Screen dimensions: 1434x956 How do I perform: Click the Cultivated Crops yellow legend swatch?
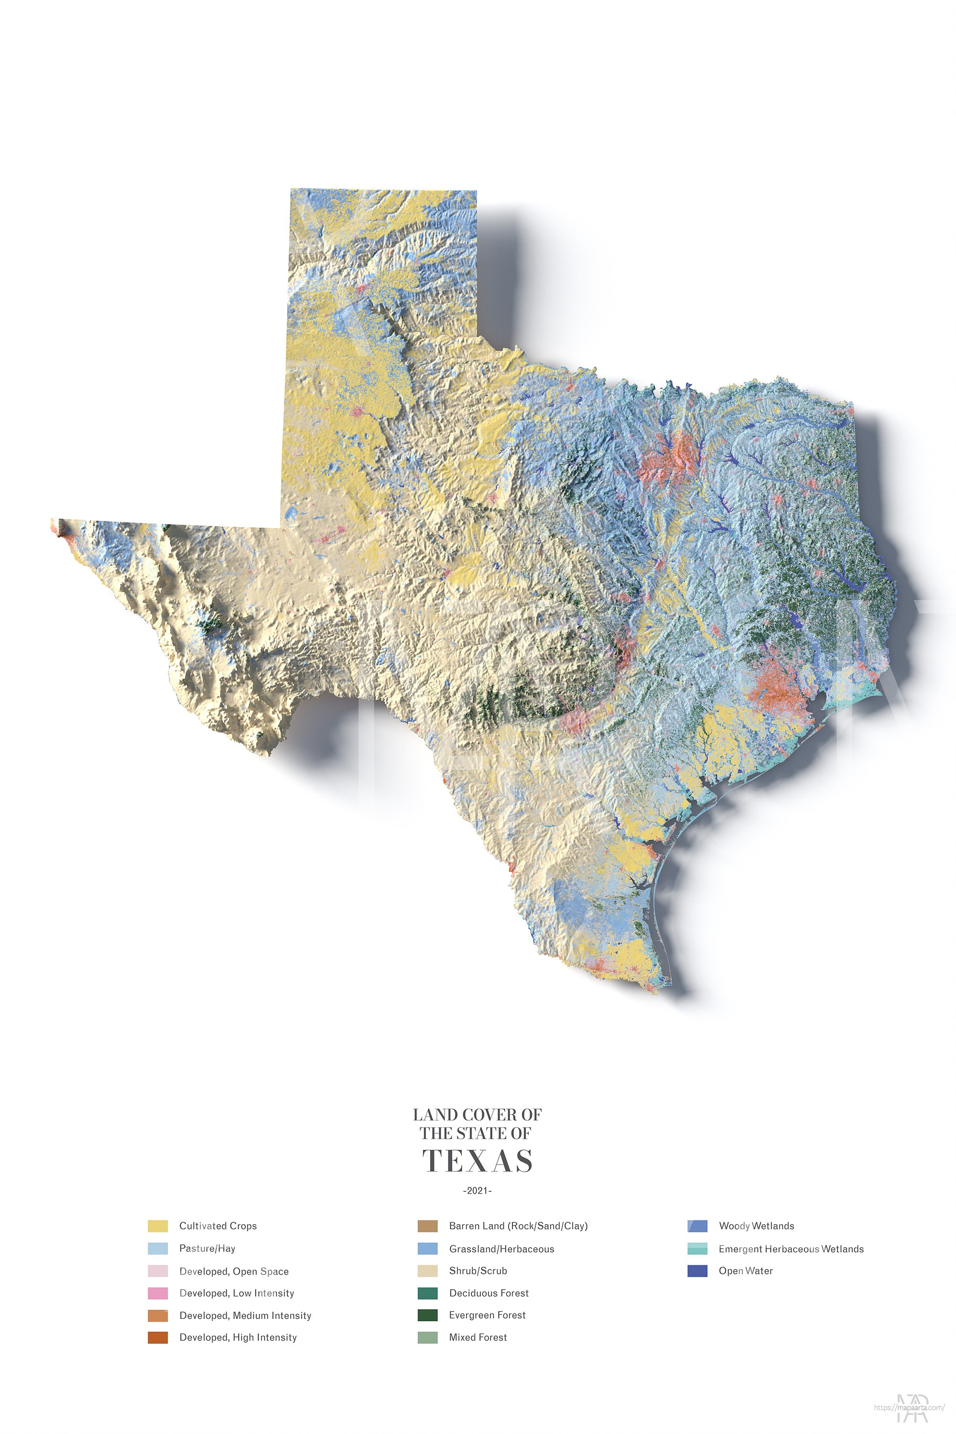tap(157, 1226)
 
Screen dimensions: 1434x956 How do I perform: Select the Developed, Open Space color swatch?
tap(157, 1271)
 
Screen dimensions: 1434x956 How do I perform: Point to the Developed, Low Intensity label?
tap(237, 1293)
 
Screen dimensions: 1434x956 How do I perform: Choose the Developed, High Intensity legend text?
tap(238, 1337)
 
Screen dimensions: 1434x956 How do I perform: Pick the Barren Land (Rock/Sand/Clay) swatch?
tap(427, 1226)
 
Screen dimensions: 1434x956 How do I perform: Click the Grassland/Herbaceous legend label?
tap(501, 1249)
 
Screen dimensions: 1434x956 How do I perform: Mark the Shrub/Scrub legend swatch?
tap(427, 1271)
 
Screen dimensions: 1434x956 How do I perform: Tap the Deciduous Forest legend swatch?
tap(427, 1293)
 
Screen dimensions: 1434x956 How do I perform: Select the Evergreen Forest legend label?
tap(487, 1315)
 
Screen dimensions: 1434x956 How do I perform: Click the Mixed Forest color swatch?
tap(427, 1337)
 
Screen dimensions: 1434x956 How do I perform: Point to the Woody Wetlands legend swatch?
tap(697, 1226)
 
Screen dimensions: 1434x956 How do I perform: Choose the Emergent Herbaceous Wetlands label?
tap(791, 1249)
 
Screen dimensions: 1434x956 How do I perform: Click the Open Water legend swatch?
tap(697, 1271)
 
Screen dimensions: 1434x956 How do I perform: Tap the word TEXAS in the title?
tap(478, 1161)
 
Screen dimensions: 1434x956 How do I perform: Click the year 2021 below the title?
tap(478, 1191)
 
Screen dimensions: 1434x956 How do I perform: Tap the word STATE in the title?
tap(480, 1133)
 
